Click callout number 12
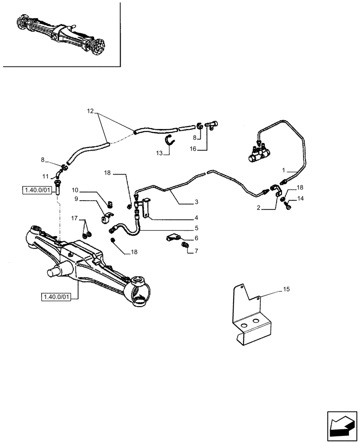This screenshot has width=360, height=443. click(x=90, y=111)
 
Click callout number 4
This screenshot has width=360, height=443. click(x=196, y=218)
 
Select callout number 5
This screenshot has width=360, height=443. click(x=196, y=229)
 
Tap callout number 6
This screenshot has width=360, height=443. click(x=196, y=238)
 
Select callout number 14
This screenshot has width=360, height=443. click(x=301, y=198)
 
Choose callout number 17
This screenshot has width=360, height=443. click(x=75, y=218)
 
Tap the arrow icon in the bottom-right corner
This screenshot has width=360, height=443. click(x=342, y=426)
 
